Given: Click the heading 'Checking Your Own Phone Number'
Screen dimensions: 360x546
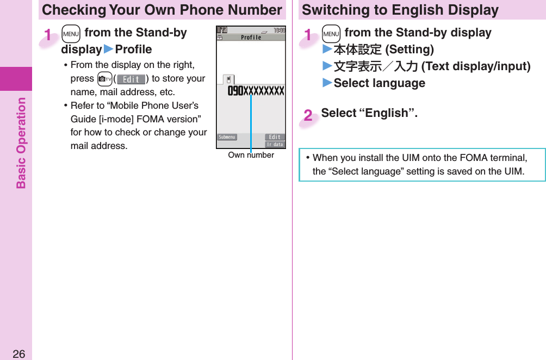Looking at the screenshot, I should click(162, 10).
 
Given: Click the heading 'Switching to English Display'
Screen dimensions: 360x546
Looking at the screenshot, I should click(400, 10).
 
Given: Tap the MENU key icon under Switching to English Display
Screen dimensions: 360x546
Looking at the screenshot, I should click(331, 33).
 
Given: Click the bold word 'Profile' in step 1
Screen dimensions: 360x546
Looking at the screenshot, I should click(134, 49).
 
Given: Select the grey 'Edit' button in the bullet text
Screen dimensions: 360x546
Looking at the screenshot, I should click(131, 79).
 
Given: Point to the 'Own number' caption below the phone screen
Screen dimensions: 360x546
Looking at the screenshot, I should click(251, 156).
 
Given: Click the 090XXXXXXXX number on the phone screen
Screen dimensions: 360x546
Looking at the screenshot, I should click(256, 91).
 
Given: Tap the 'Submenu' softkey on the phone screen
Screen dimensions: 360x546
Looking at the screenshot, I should click(227, 137).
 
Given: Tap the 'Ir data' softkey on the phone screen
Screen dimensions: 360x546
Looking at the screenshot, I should click(275, 144).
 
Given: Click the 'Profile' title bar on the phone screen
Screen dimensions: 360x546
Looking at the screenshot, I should click(251, 38).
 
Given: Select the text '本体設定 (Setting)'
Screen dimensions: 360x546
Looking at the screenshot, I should click(383, 50).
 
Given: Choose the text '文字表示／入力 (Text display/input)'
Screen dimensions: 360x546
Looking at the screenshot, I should click(432, 66).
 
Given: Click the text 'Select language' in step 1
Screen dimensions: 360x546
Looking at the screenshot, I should click(379, 83).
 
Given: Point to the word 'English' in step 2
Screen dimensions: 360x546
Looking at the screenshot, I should click(388, 113).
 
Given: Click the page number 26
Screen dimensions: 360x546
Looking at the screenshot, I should click(18, 354).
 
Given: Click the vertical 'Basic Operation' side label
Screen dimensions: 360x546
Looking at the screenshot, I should click(21, 142).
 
